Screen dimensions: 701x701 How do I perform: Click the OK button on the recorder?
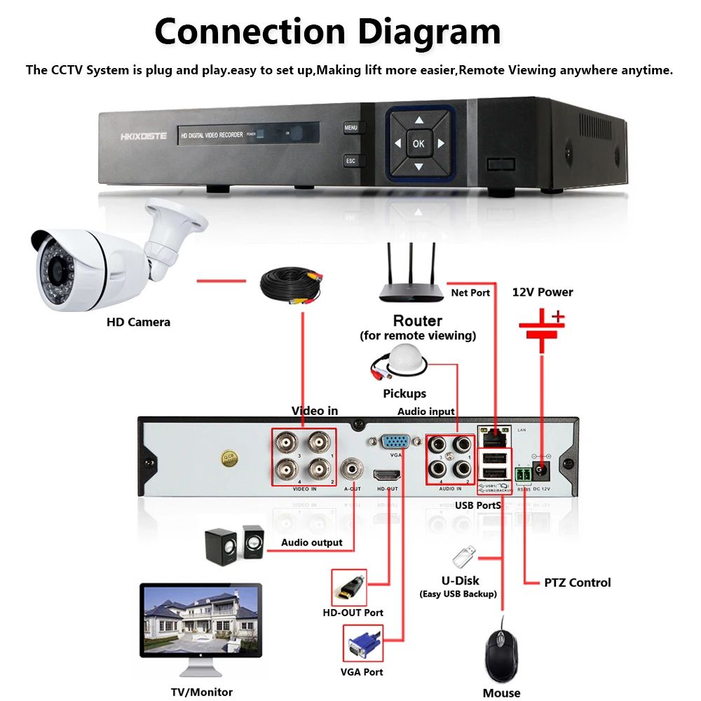[418, 144]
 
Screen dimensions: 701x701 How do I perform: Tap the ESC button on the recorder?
[351, 161]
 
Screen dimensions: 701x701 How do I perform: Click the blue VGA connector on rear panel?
[396, 442]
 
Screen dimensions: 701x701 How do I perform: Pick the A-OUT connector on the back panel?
[352, 468]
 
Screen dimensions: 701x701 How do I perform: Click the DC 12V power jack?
[540, 469]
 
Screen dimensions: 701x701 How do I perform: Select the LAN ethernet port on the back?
[494, 437]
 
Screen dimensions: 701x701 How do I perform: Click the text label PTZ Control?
[577, 583]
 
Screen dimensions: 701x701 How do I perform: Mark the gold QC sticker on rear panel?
[228, 458]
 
